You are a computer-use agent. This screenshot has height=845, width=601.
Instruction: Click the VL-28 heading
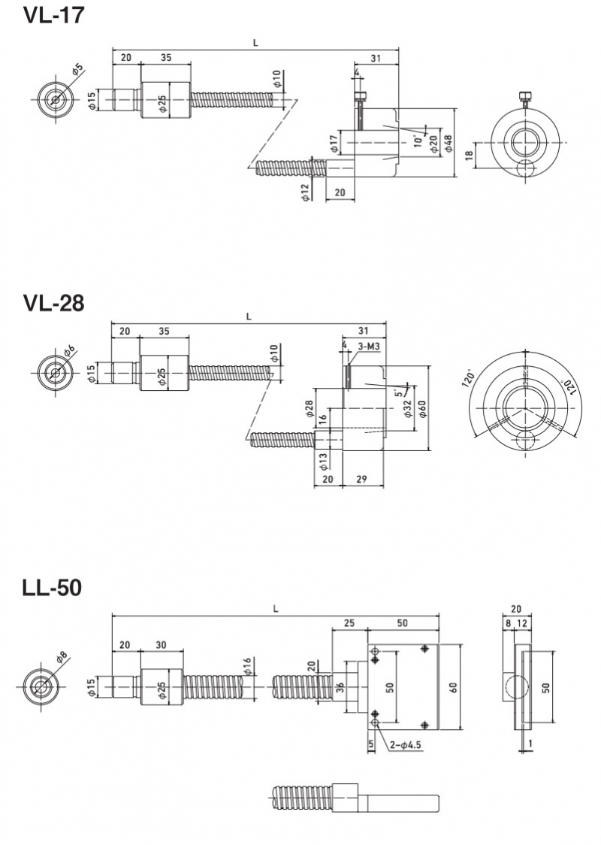[53, 302]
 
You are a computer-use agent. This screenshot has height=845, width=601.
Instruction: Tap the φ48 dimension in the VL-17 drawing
[448, 144]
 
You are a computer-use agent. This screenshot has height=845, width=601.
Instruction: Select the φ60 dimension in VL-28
[422, 409]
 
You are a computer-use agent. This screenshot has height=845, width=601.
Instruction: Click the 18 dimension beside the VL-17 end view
[469, 155]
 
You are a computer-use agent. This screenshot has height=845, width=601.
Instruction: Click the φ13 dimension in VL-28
[323, 459]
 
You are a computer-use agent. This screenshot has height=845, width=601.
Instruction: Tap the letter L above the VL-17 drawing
[255, 43]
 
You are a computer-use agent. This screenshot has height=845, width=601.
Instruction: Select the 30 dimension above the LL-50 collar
[162, 645]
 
